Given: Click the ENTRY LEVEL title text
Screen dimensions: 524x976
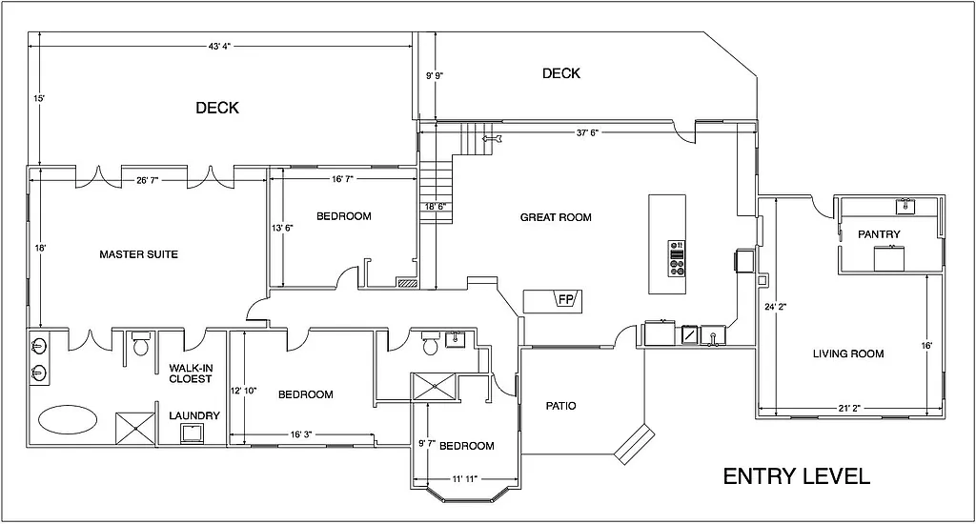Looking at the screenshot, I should [x=796, y=476].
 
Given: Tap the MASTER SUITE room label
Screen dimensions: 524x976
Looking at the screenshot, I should [x=138, y=254].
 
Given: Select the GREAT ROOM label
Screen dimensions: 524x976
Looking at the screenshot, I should [x=555, y=217].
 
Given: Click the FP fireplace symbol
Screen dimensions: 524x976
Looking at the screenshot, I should [x=564, y=301].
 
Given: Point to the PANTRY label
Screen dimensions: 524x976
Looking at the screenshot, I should [x=879, y=233].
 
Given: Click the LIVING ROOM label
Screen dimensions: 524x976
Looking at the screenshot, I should [x=847, y=353].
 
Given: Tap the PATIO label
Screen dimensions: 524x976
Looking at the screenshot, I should [x=559, y=406].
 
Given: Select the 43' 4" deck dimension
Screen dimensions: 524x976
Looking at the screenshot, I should [x=219, y=46].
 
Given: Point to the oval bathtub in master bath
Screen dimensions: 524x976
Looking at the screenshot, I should [x=67, y=418].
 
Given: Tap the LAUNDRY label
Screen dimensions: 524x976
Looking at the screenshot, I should [x=194, y=415].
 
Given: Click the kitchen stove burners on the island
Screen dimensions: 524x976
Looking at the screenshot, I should [x=678, y=258].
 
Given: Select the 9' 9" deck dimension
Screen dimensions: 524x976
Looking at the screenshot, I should [x=435, y=74].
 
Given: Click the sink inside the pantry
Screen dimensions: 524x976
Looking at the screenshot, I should [x=904, y=206].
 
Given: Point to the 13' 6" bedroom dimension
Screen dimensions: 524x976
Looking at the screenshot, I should [x=282, y=229].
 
